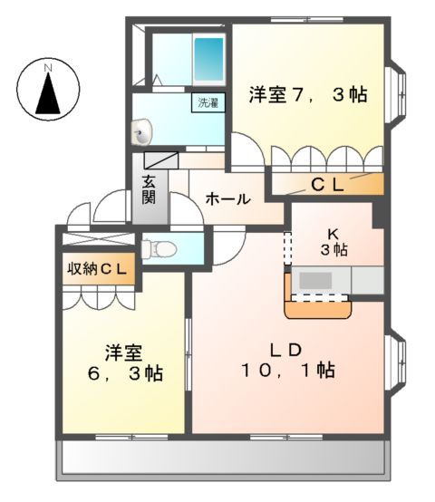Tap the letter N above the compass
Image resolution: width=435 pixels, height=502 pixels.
(50, 65)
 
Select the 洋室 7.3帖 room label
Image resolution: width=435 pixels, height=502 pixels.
(307, 93)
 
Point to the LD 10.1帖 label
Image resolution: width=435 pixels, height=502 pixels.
(288, 360)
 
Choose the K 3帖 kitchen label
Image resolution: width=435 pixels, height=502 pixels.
(332, 240)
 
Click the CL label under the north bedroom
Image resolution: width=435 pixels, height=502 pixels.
(327, 185)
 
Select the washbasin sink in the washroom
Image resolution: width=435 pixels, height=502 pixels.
(141, 136)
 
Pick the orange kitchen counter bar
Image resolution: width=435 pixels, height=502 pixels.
(317, 309)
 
